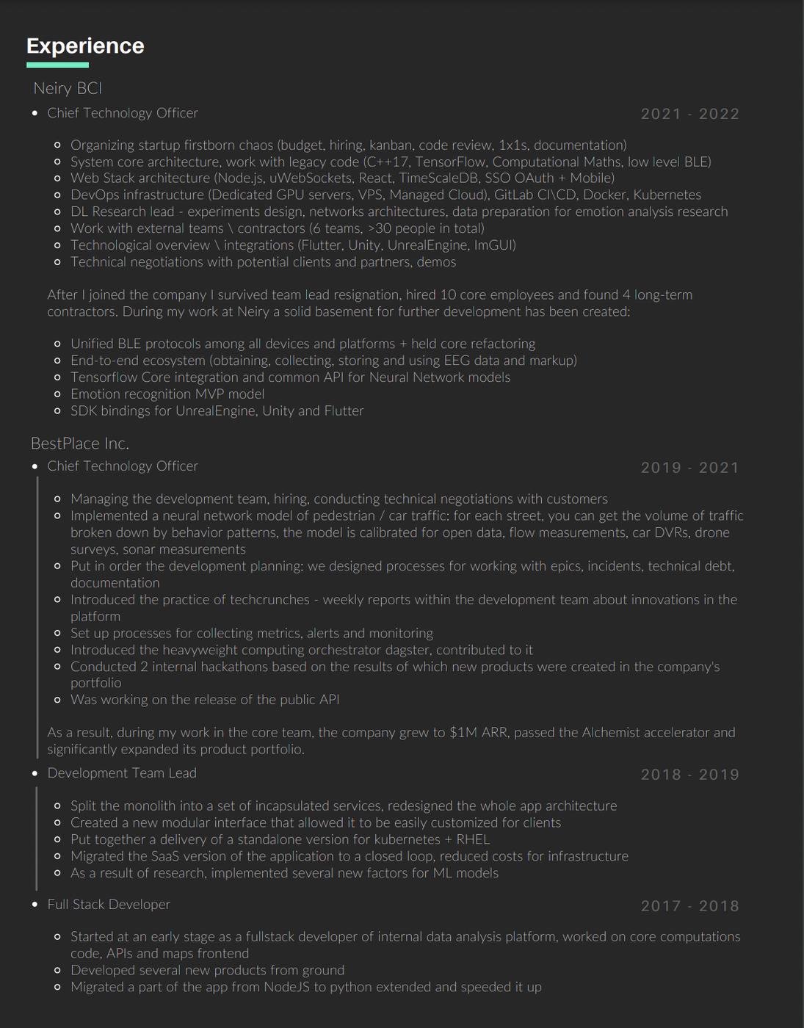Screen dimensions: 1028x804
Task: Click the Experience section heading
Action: click(85, 46)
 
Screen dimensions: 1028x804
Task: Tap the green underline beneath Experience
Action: click(57, 65)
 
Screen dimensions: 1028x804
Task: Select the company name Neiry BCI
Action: click(68, 88)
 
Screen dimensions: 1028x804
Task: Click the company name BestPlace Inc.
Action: click(80, 444)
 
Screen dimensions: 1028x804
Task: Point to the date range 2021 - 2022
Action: click(689, 114)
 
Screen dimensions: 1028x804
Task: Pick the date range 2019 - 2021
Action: click(689, 468)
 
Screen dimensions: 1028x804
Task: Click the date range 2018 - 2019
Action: click(689, 775)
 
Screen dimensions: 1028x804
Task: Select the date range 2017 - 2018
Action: click(689, 906)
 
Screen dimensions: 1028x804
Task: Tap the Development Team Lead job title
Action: click(122, 773)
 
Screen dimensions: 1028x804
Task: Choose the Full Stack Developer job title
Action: click(109, 905)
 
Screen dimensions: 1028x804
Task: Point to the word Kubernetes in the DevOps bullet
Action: click(667, 195)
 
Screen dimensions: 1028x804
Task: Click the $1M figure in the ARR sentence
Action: click(463, 733)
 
